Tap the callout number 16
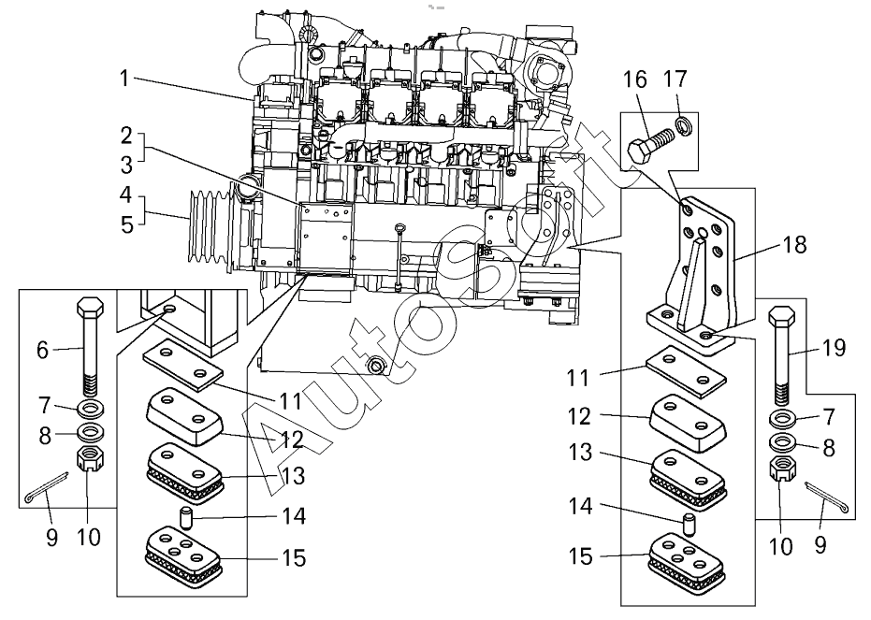tap(635, 79)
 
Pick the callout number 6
tap(42, 350)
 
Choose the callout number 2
tap(125, 135)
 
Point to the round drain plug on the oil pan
tap(376, 363)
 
